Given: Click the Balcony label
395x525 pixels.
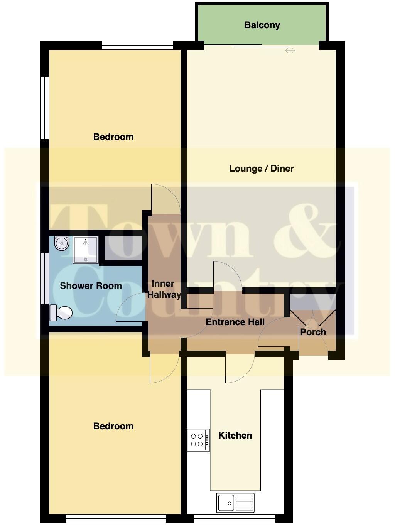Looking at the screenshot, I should click(x=262, y=25).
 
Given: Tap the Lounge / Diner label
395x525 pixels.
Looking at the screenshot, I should click(x=261, y=169).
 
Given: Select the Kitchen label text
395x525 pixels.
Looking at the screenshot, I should click(x=235, y=436).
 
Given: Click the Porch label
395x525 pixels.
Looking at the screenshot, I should click(x=313, y=332).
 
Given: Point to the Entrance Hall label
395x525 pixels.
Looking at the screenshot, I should click(x=235, y=322).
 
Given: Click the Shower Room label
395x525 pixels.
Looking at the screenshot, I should click(x=91, y=286).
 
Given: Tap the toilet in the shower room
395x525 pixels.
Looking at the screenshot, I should click(x=61, y=312).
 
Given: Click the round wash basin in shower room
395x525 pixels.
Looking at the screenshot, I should click(x=61, y=243).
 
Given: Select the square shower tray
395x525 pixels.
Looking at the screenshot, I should click(x=85, y=250).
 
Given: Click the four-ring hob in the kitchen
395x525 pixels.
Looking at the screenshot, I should click(x=198, y=440).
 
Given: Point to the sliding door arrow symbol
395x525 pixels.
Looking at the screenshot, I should click(x=290, y=51).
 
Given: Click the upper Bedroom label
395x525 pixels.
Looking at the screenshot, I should click(x=113, y=137).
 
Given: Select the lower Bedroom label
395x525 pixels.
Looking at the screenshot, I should click(x=113, y=426).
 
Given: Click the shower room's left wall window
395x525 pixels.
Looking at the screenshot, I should click(x=45, y=277).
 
